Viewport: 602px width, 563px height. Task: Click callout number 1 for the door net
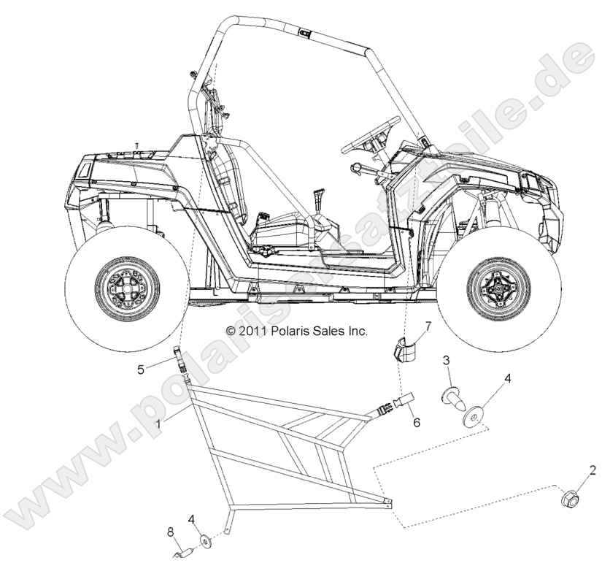coord(159,422)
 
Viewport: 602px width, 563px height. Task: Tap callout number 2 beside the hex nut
coord(593,470)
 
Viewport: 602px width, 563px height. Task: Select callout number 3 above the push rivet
coord(447,361)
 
